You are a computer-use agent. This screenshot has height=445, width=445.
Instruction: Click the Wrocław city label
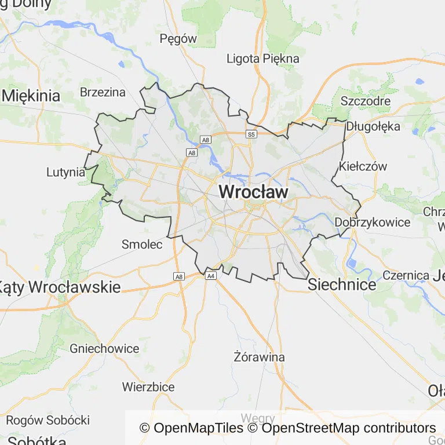[253, 192]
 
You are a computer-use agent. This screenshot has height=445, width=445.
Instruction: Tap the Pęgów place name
[178, 39]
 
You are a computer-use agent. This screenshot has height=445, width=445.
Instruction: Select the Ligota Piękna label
[263, 59]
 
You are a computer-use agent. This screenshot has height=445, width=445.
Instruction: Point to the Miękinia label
[31, 96]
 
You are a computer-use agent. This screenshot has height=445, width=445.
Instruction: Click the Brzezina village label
[103, 92]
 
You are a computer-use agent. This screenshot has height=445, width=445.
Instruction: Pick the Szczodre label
[365, 101]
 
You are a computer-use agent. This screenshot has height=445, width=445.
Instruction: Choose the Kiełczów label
[363, 166]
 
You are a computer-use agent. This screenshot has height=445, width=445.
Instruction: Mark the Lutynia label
[65, 172]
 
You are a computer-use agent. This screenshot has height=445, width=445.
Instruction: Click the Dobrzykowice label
[373, 222]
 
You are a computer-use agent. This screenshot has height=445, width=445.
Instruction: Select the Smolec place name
[142, 245]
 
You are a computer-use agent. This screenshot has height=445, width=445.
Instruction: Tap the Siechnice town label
[342, 284]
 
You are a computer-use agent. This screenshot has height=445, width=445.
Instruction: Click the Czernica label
[406, 276]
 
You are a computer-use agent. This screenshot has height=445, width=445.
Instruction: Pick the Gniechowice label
[104, 349]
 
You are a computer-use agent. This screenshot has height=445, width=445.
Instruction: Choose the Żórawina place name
[259, 357]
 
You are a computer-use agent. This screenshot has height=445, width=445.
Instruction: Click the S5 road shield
[251, 134]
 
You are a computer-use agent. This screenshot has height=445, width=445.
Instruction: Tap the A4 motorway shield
[211, 276]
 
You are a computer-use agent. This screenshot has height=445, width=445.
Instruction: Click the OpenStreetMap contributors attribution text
[349, 428]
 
